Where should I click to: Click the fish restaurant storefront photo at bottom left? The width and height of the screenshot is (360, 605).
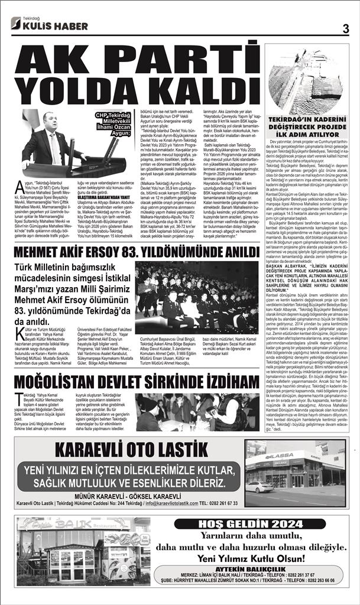(83, 550)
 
